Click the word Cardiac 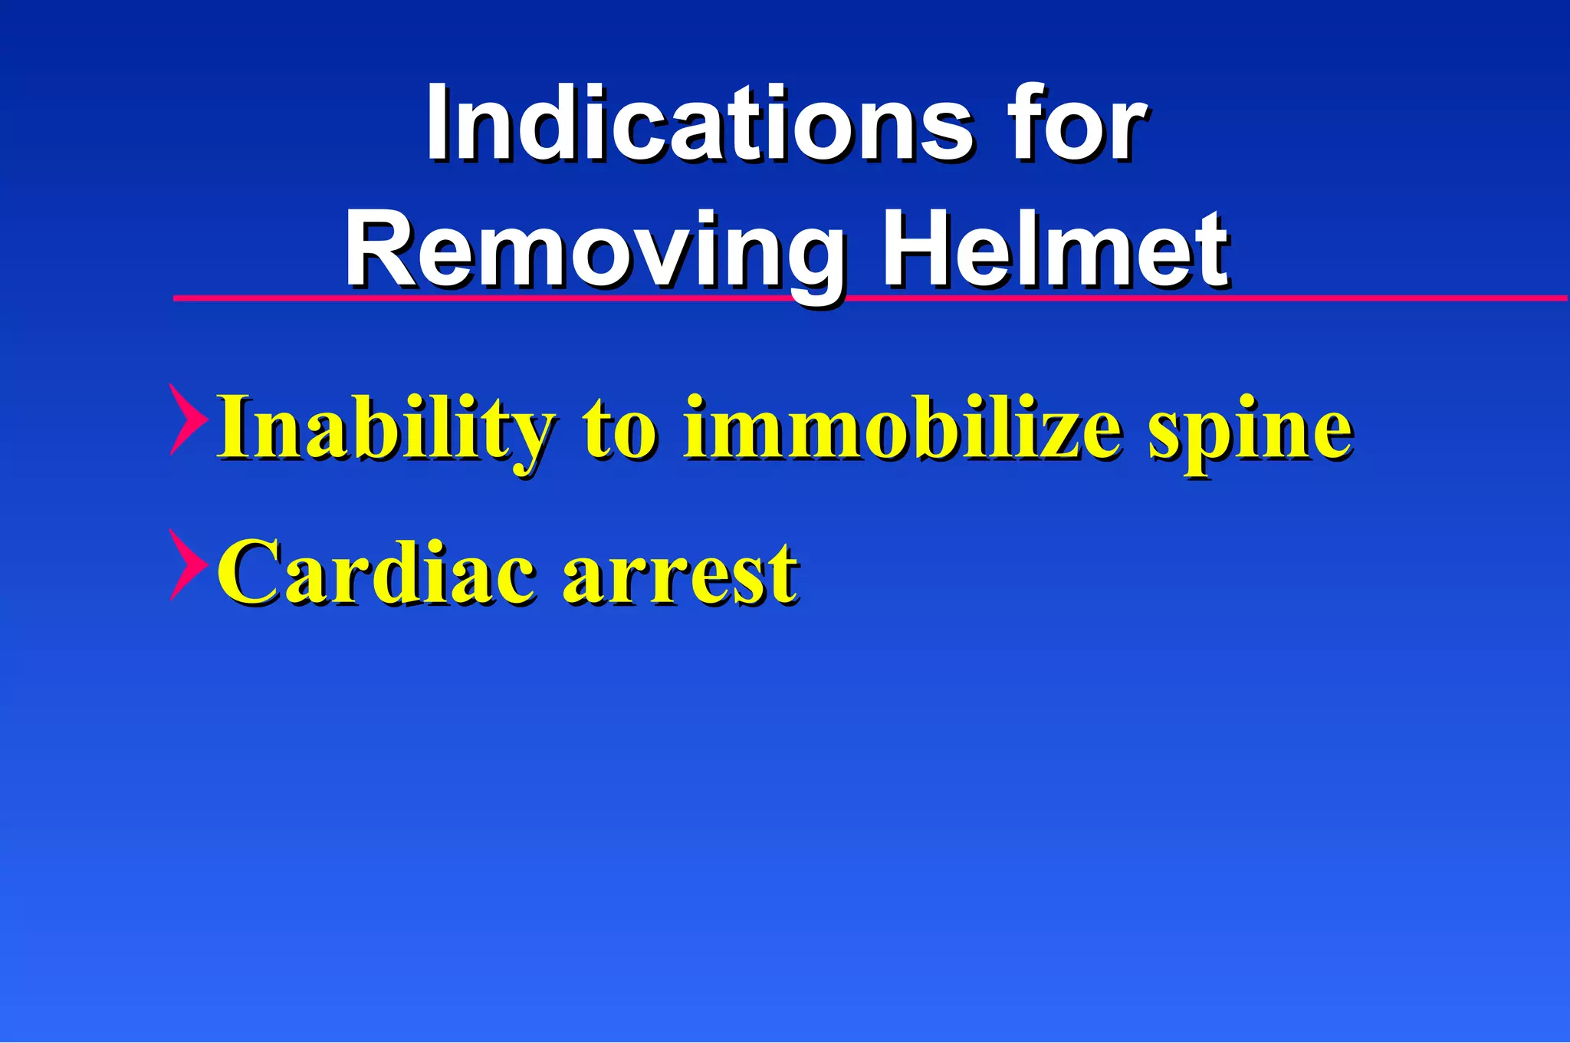tap(376, 572)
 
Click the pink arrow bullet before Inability tap(187, 420)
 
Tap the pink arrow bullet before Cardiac tap(187, 564)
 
